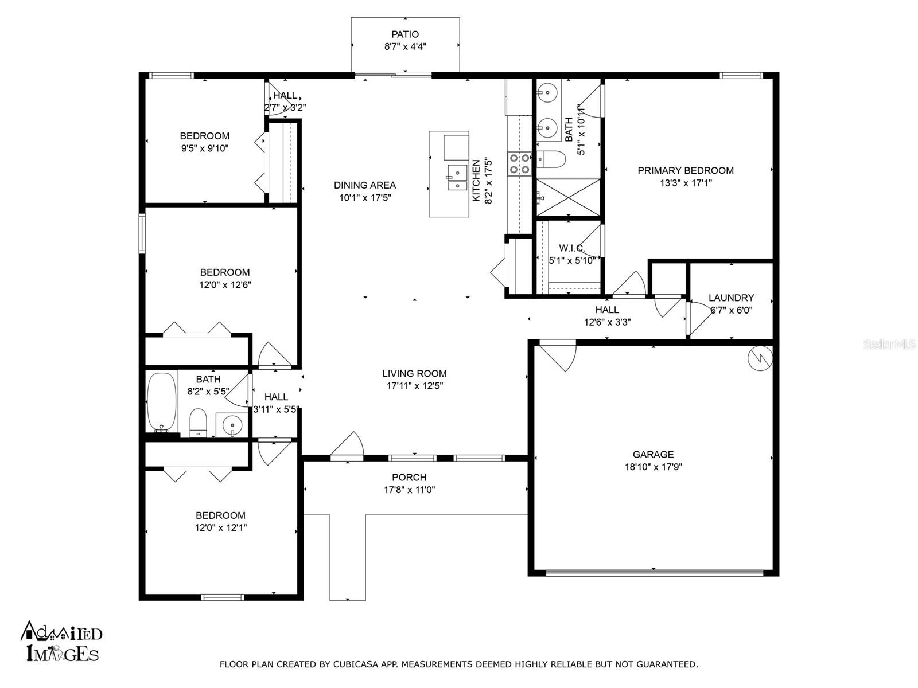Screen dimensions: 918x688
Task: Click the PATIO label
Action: click(405, 34)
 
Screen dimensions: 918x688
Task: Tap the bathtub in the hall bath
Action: click(162, 402)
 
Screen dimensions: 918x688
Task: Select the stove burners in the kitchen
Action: click(519, 163)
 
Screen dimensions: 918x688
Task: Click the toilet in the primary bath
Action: click(551, 159)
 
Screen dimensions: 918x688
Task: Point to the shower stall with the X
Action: click(569, 198)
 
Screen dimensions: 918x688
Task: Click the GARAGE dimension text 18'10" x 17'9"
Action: click(654, 467)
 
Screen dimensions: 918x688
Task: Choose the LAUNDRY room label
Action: click(731, 298)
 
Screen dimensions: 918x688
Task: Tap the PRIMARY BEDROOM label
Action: click(686, 170)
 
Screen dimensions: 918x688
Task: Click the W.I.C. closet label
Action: click(571, 248)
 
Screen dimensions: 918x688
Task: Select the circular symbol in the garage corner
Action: click(760, 358)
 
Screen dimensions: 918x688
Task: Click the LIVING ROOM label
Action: click(414, 373)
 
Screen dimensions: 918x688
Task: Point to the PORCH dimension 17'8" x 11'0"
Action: click(410, 490)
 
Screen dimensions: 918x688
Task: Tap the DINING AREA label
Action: click(365, 185)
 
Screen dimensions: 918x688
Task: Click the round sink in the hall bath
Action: click(232, 426)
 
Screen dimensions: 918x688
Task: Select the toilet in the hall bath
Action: click(199, 423)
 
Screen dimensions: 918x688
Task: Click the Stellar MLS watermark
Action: click(889, 345)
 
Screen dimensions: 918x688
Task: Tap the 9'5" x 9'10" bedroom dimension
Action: click(205, 148)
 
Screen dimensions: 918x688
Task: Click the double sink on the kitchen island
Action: click(457, 178)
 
